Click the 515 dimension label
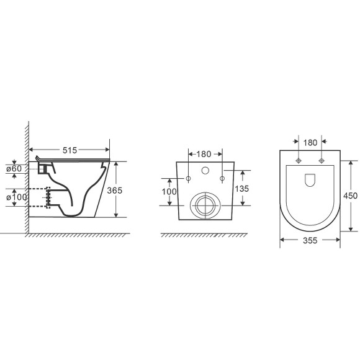point(70,150)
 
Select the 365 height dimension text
point(115,191)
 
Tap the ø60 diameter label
point(14,169)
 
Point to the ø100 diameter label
point(17,197)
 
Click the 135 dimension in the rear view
point(242,189)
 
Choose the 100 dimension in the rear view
point(169,191)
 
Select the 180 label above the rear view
point(204,154)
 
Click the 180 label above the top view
point(310,143)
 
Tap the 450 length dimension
point(350,196)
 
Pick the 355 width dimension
point(310,240)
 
